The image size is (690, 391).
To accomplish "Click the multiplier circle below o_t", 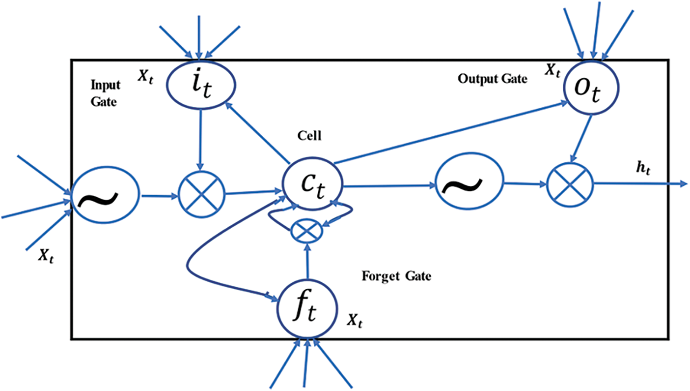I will pos(570,185).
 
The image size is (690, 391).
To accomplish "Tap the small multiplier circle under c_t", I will pos(306,231).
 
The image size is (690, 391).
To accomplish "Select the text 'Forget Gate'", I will pos(396,276).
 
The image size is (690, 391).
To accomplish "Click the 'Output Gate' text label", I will pos(493,79).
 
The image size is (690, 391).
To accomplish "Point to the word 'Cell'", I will pos(309,136).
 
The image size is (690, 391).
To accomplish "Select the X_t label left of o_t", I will pos(552,71).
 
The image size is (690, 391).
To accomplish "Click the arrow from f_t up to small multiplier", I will pos(307,261).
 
